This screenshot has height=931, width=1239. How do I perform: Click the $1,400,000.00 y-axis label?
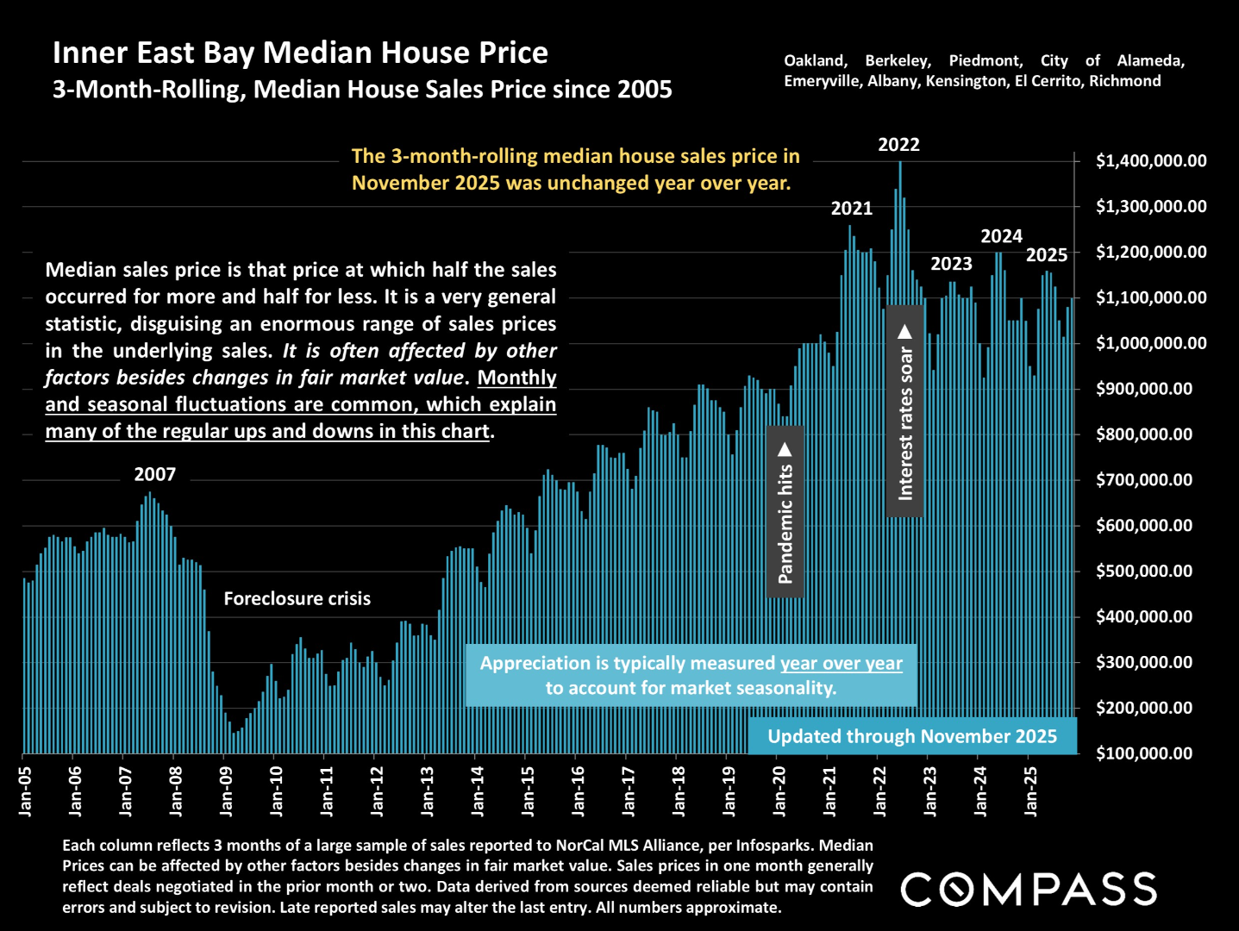[1151, 161]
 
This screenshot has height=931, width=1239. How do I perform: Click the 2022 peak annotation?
[898, 145]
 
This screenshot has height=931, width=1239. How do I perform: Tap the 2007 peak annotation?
[154, 474]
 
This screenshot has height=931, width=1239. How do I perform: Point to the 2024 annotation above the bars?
[1001, 236]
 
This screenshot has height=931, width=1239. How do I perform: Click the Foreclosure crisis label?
[297, 598]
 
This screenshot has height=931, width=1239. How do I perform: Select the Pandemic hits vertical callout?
[785, 512]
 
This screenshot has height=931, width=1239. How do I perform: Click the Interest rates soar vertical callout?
[905, 411]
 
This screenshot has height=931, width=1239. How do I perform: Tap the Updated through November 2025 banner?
[912, 736]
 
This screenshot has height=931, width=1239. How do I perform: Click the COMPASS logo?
[1029, 890]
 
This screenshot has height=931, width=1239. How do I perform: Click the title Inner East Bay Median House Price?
[300, 53]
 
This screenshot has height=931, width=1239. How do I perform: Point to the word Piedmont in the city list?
[985, 60]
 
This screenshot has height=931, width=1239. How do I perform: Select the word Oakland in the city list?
[815, 60]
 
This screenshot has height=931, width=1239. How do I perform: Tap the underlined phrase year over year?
[841, 663]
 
